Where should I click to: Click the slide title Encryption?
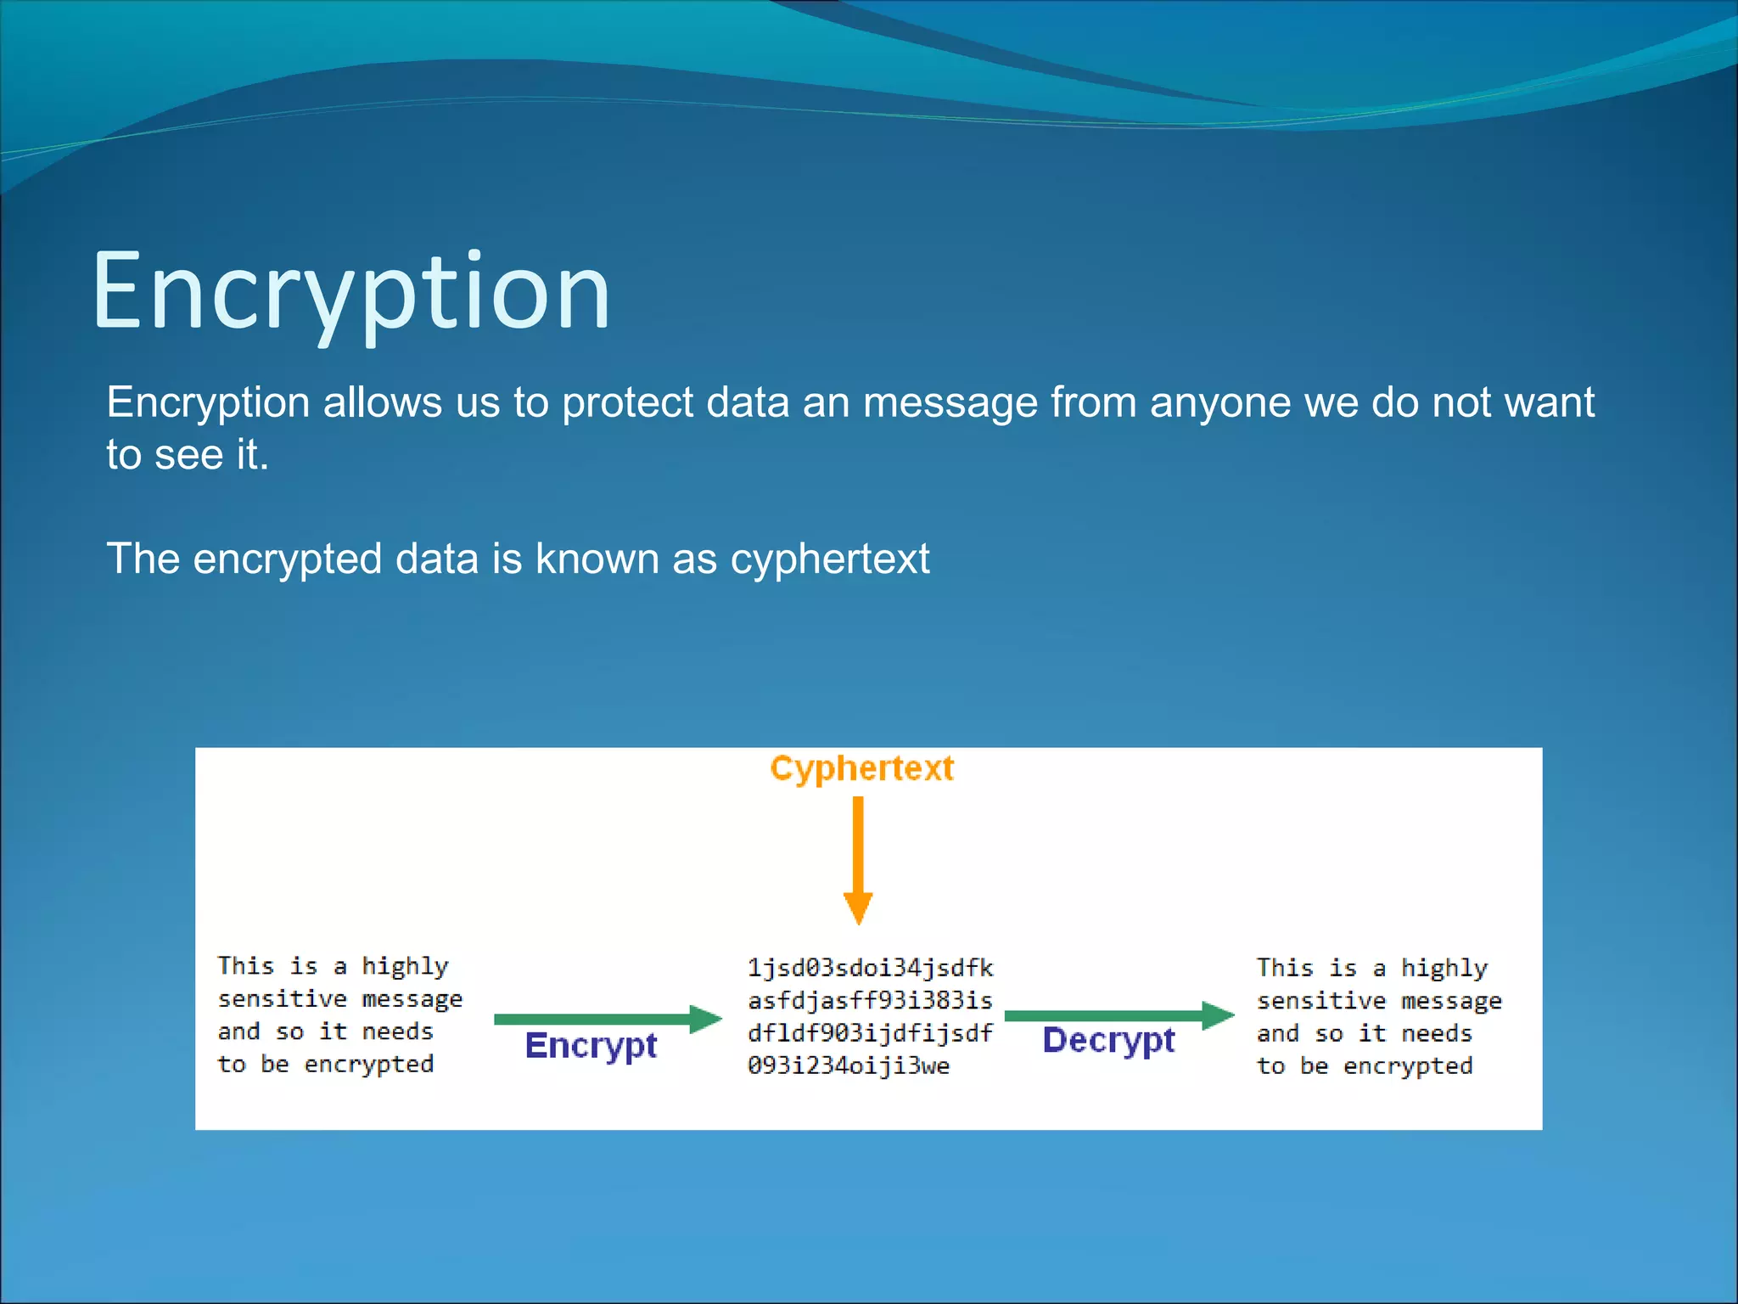tap(350, 290)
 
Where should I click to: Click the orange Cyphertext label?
tap(861, 768)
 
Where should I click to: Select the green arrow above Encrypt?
tap(607, 1019)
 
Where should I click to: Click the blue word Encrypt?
tap(591, 1046)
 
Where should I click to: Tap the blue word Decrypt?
tap(1108, 1041)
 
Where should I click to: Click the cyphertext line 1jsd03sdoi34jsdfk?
tap(870, 968)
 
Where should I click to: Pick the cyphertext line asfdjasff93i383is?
tap(870, 1000)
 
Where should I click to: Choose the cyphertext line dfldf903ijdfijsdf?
tap(870, 1032)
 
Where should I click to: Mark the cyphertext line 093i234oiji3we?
tap(849, 1065)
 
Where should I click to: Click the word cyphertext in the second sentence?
tap(830, 559)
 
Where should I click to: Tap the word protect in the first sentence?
tap(627, 402)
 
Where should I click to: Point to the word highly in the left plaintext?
tap(405, 966)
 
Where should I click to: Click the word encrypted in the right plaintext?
tap(1408, 1066)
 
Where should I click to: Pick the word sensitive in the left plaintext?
tap(283, 998)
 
